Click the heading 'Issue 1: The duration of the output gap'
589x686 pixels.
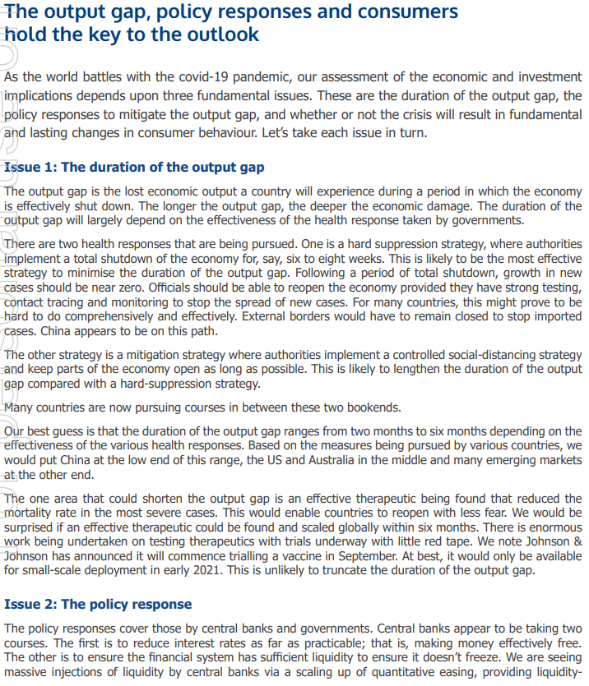134,168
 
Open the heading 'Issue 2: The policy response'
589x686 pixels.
98,605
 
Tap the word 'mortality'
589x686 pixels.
32,513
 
